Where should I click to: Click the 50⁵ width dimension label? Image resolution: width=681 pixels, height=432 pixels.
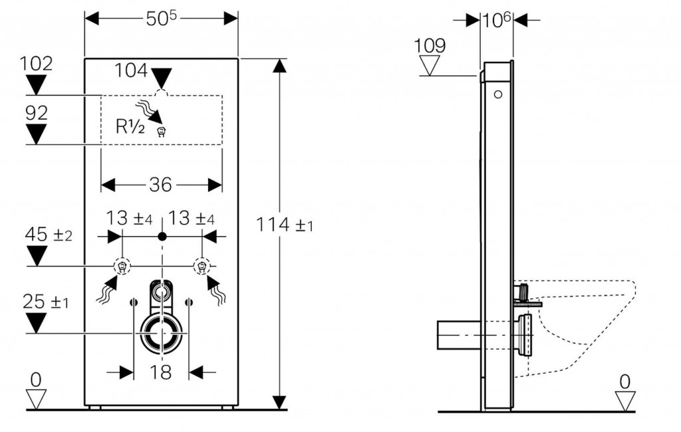pos(161,18)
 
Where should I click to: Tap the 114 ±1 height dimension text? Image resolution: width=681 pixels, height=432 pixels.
pos(285,225)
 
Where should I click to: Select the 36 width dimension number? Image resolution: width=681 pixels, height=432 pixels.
pos(160,185)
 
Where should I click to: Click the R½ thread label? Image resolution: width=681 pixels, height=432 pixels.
pos(131,126)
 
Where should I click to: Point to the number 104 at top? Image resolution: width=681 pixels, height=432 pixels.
pos(130,70)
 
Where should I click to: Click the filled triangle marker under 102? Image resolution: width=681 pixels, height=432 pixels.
pos(36,85)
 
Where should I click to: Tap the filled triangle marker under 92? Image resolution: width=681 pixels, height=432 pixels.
pos(36,135)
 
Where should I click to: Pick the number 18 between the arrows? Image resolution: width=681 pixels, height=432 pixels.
pos(161,373)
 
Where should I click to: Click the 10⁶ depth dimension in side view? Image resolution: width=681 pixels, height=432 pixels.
pos(496,20)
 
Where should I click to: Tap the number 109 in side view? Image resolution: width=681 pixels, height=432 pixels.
pos(430,46)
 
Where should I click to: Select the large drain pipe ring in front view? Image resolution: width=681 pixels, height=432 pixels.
pos(162,332)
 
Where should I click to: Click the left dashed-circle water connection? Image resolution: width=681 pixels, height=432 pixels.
pos(122,266)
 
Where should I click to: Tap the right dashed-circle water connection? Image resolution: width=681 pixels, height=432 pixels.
pos(201,266)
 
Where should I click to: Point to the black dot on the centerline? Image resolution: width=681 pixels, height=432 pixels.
pos(162,236)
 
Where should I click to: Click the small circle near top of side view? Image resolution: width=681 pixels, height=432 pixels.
pos(497,94)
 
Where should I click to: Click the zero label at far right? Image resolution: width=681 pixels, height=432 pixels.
pos(624,381)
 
